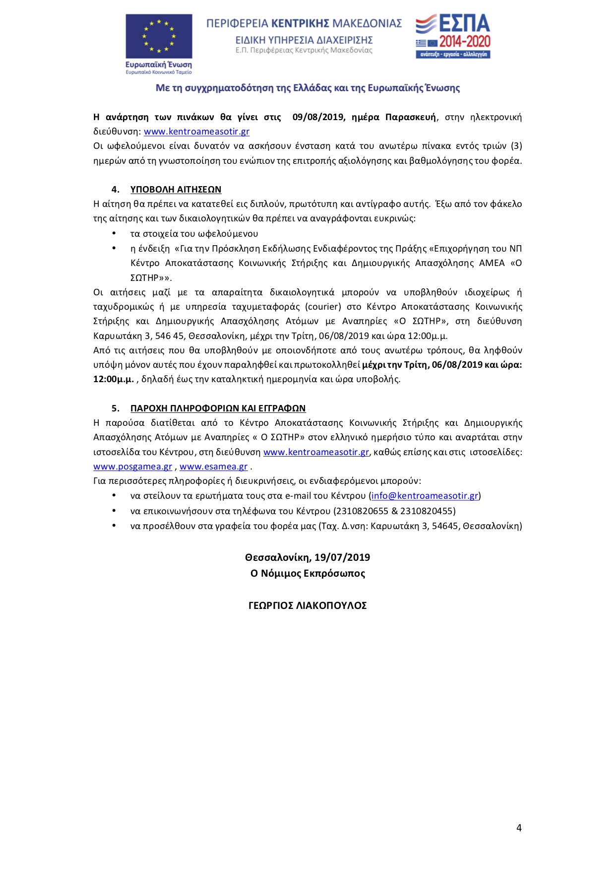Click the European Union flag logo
click(159, 36)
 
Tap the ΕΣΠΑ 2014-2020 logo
click(453, 36)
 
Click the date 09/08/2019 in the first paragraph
click(318, 117)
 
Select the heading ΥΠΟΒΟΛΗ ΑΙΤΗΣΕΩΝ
click(176, 190)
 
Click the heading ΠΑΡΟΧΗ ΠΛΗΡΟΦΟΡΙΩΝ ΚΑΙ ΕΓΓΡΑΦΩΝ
click(218, 408)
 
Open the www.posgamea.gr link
click(132, 467)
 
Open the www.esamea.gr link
click(213, 467)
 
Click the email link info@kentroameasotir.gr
click(425, 496)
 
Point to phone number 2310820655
click(361, 511)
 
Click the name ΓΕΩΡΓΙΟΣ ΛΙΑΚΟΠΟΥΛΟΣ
click(307, 605)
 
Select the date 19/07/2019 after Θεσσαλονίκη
click(342, 557)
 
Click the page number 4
click(519, 828)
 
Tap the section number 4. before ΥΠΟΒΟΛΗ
click(116, 190)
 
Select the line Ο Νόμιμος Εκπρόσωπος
click(307, 573)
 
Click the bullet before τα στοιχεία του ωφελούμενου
click(114, 233)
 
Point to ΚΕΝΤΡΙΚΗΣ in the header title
click(301, 23)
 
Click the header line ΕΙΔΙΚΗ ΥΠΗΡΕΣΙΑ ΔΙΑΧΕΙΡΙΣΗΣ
click(304, 40)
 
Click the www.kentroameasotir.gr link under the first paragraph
click(196, 132)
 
